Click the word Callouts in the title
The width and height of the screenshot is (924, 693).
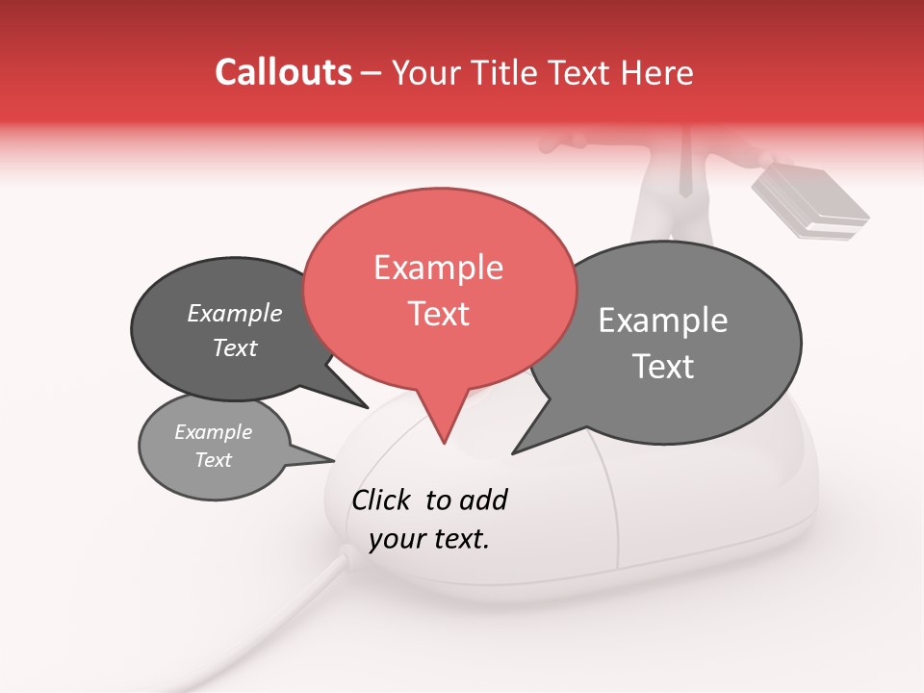point(283,72)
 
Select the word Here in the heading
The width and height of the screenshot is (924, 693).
point(657,73)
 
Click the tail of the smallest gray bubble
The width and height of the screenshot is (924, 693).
point(323,460)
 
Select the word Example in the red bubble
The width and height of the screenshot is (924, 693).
point(438,268)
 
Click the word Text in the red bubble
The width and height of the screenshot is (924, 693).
point(439,314)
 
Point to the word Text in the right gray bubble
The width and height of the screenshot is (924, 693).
point(663,367)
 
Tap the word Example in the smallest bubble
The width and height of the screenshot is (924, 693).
point(213,432)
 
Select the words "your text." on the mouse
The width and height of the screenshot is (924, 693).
point(428,539)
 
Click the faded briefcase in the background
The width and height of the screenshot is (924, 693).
point(808,202)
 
